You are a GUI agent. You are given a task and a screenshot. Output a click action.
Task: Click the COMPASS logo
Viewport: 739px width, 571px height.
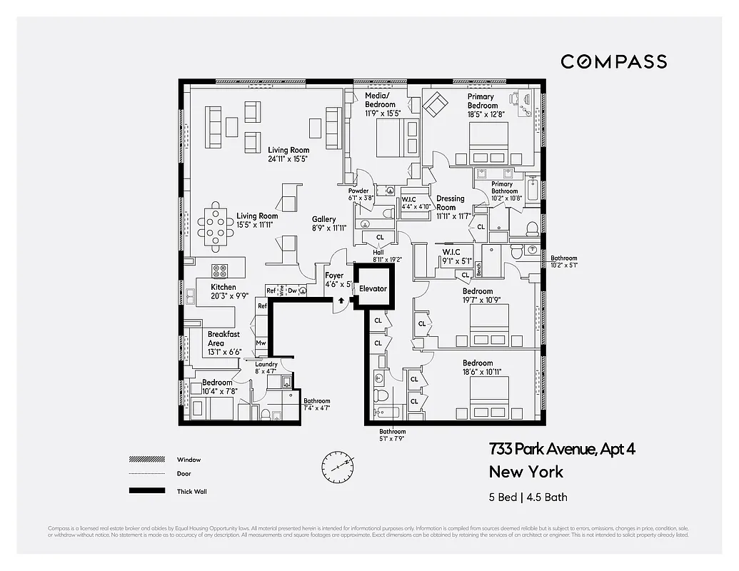click(x=613, y=61)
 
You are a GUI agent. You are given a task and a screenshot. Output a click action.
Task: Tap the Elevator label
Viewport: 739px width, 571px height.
click(x=373, y=289)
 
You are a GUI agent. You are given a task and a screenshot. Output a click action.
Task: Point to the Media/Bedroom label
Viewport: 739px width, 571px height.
click(x=380, y=100)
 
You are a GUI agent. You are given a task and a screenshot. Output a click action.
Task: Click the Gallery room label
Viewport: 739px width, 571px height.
click(x=323, y=219)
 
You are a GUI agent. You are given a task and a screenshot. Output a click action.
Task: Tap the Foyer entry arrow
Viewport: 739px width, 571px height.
click(x=341, y=300)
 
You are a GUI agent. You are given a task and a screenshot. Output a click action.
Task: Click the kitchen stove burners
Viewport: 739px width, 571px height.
click(x=219, y=271)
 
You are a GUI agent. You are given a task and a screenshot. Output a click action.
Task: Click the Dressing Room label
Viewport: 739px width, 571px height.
click(x=449, y=203)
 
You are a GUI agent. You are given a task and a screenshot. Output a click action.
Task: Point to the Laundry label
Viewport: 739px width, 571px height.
click(x=266, y=365)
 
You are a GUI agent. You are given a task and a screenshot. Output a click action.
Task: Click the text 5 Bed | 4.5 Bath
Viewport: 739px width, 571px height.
click(x=528, y=497)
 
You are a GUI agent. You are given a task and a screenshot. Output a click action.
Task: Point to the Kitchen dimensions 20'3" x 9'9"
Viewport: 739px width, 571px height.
click(x=230, y=295)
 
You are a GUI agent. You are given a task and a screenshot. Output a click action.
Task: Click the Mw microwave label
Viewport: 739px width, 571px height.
click(x=261, y=343)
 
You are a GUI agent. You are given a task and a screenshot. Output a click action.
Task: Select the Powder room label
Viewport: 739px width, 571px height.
click(x=358, y=191)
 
